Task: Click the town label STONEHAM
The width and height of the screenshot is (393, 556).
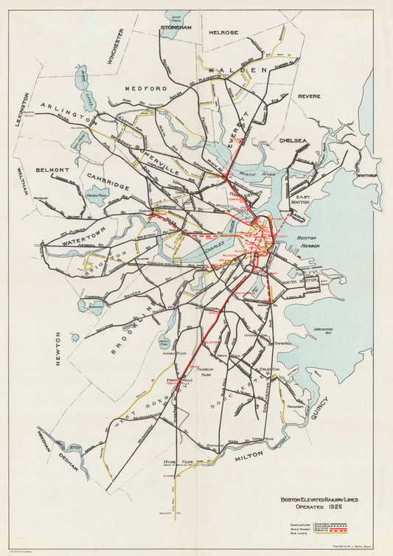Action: pos(175,27)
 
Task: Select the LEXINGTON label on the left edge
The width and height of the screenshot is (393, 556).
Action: pos(24,110)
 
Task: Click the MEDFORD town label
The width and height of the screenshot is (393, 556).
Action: pos(146,88)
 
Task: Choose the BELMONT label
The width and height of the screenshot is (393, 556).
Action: pos(52,170)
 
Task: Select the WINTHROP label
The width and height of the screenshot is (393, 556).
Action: pos(366,176)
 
